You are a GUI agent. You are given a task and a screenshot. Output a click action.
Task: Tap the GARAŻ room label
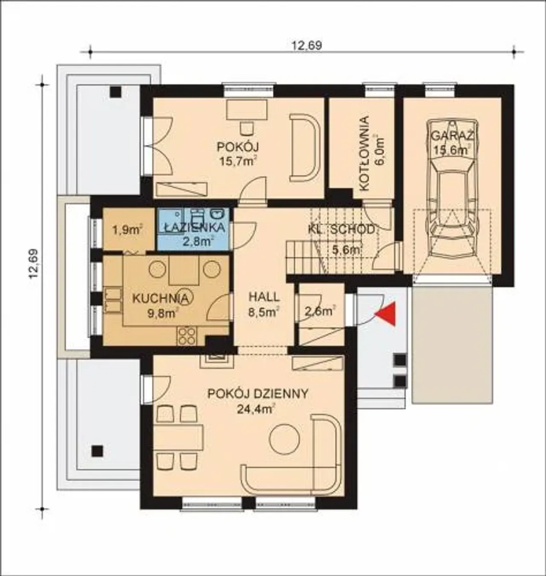pyautogui.click(x=453, y=136)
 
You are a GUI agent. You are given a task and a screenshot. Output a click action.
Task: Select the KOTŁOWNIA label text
pyautogui.click(x=364, y=154)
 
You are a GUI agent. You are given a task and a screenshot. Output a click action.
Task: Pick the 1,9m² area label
pyautogui.click(x=128, y=230)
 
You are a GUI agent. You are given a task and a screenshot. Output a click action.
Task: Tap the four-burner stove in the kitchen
pyautogui.click(x=186, y=336)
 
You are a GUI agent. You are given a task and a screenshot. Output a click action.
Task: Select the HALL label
pyautogui.click(x=264, y=297)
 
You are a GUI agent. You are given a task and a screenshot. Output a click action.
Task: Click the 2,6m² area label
pyautogui.click(x=320, y=311)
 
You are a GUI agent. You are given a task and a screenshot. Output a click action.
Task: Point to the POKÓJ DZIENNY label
pyautogui.click(x=258, y=394)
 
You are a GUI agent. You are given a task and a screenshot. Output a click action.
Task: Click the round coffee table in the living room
pyautogui.click(x=285, y=440)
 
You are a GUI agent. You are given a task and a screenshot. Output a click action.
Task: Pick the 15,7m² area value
pyautogui.click(x=238, y=161)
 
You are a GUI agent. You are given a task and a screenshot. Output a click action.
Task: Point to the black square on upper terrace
pyautogui.click(x=116, y=92)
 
